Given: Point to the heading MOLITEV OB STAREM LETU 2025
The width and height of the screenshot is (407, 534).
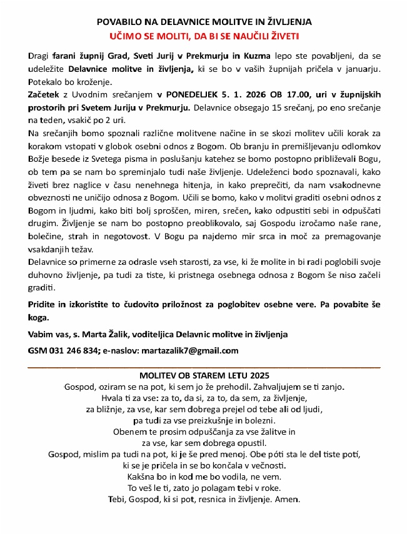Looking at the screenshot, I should (x=204, y=376).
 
